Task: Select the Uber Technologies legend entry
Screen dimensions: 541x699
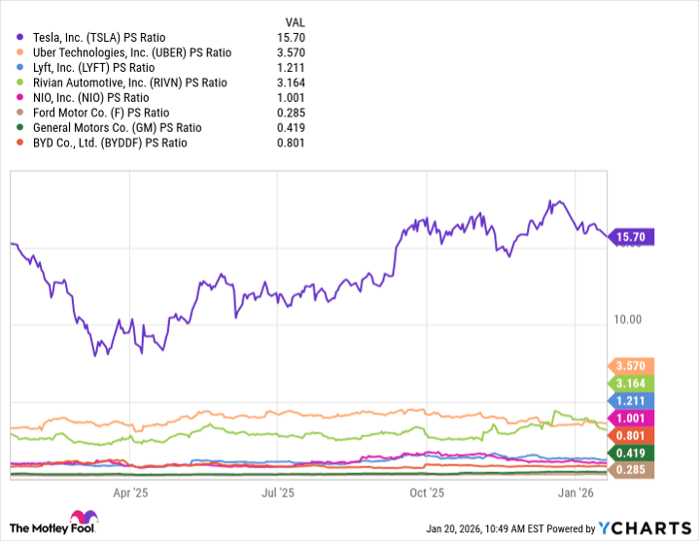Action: click(119, 52)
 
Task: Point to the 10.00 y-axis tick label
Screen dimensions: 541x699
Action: click(627, 319)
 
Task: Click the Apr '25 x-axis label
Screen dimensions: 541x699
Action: click(130, 492)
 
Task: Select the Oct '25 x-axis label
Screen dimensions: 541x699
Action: click(426, 492)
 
